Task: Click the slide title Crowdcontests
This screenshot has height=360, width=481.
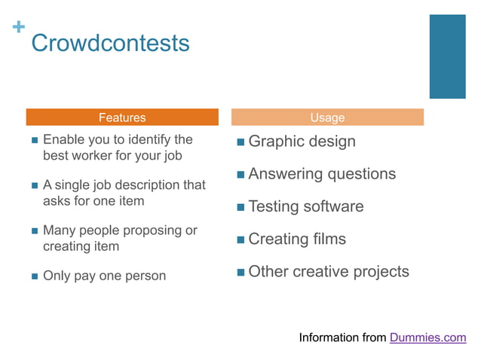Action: coord(110,43)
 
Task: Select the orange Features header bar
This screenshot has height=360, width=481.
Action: coord(122,117)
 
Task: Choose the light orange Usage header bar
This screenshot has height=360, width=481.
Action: coord(327,117)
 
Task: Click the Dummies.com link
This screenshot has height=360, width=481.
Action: coord(427,337)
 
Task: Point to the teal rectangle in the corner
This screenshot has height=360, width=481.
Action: coord(447,56)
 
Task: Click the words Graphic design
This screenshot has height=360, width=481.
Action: coord(302,142)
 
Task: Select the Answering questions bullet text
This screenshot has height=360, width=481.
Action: coord(321,174)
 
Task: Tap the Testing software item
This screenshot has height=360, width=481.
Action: coord(305,206)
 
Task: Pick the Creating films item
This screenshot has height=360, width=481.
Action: coord(296,239)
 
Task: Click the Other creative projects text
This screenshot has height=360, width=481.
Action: coord(328,272)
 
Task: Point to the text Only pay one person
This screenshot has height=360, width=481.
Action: coord(104,276)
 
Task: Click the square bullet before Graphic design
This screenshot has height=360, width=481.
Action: coord(240,142)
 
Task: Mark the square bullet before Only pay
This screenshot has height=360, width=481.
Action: coord(35,276)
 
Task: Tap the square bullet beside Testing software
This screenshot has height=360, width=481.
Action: coord(240,207)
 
